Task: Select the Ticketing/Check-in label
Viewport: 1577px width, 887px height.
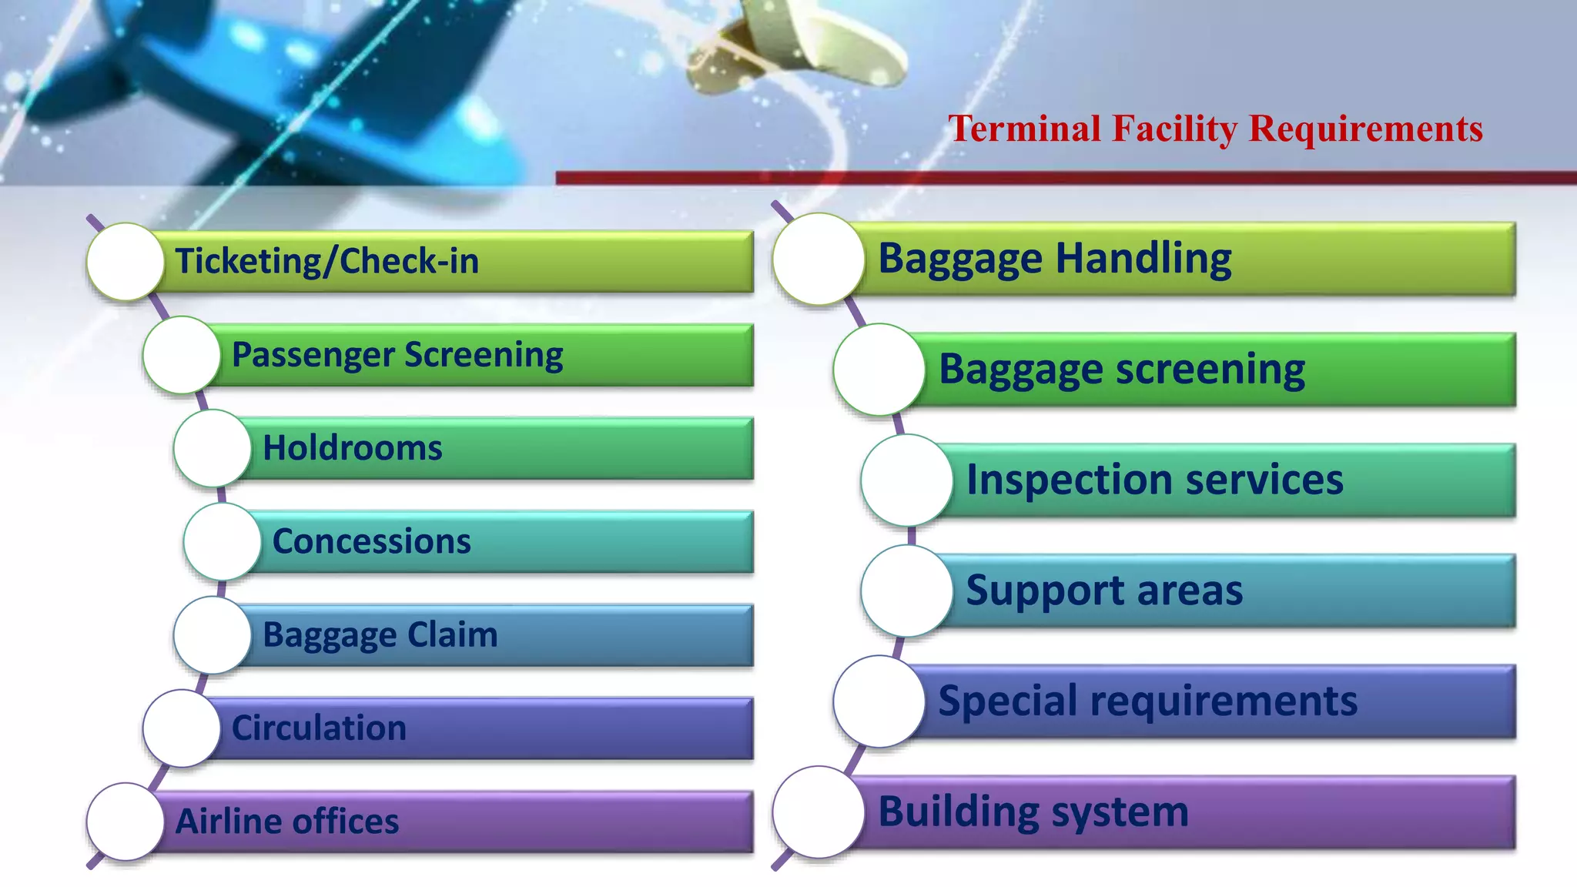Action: click(x=326, y=261)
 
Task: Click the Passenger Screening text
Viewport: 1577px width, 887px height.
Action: click(x=397, y=355)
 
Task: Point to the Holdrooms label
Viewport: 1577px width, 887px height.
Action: click(x=353, y=448)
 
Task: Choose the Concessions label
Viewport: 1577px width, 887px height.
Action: click(x=371, y=541)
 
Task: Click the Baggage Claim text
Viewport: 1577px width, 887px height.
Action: click(x=380, y=635)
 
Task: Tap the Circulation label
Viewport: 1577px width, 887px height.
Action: click(x=319, y=728)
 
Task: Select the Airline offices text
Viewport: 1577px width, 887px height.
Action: click(x=287, y=822)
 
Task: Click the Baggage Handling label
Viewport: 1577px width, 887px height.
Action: click(x=1055, y=259)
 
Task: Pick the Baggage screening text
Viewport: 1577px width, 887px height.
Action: click(x=1122, y=370)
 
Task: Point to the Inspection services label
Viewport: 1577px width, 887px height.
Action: click(x=1154, y=480)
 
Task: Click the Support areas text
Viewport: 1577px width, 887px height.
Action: click(x=1104, y=591)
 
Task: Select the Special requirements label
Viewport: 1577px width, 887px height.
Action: click(x=1147, y=701)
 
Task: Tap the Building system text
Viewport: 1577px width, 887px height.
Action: click(x=1033, y=812)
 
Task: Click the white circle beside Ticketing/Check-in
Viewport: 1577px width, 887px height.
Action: click(x=126, y=262)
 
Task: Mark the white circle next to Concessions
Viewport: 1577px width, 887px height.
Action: click(x=223, y=542)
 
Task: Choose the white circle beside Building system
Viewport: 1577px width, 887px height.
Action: click(x=819, y=812)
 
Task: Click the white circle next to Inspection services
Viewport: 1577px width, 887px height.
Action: click(x=907, y=480)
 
